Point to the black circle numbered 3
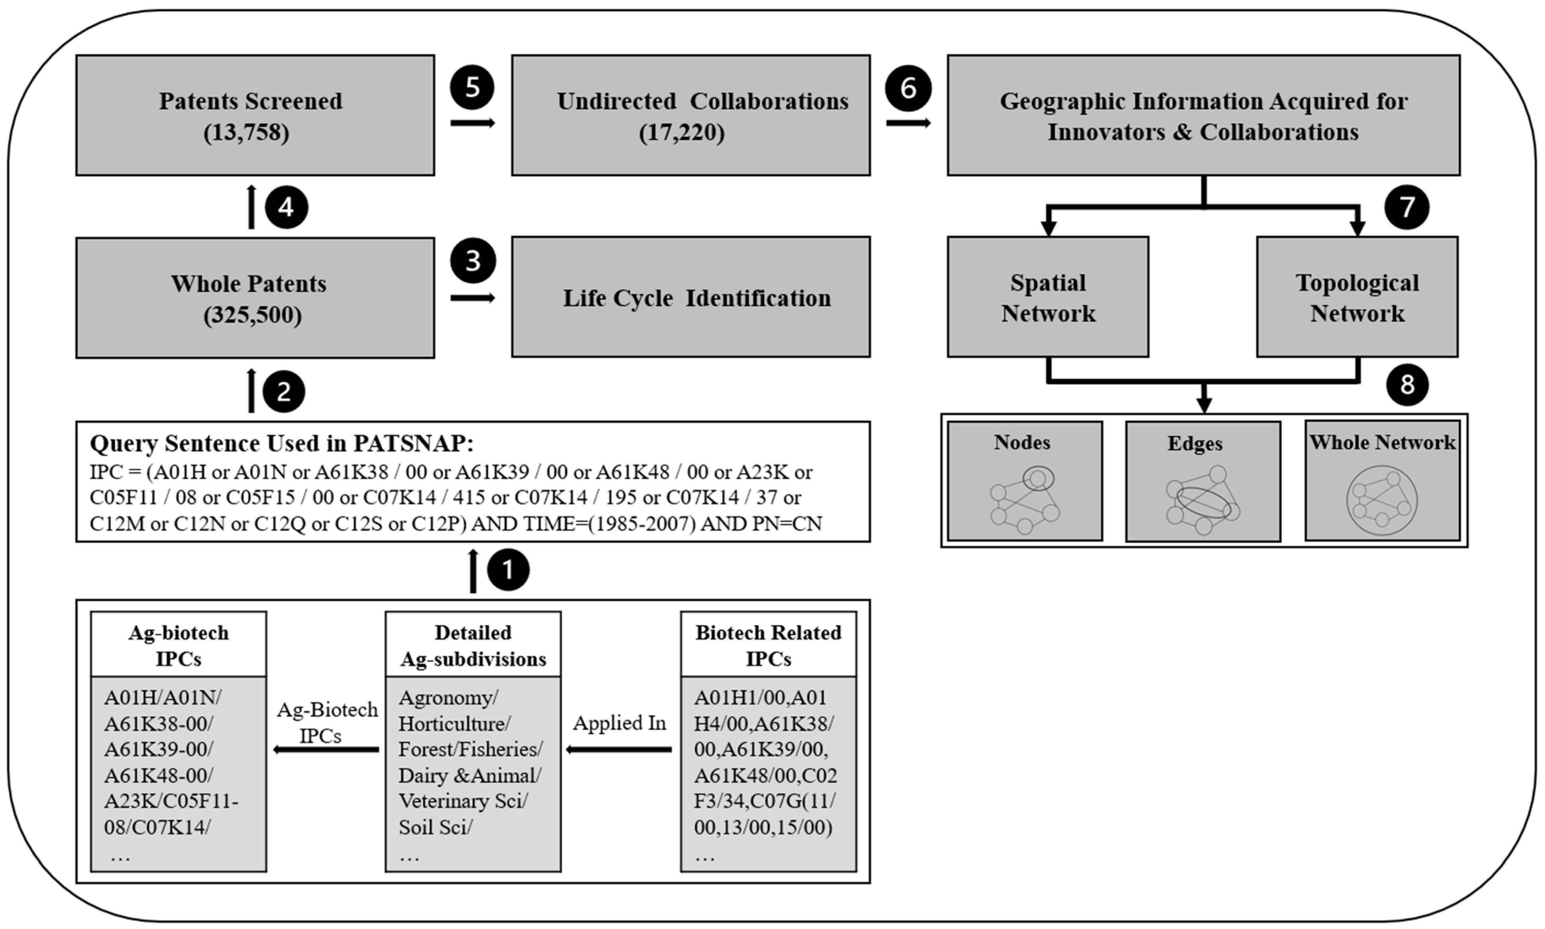[x=473, y=260]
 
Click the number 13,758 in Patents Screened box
[x=247, y=133]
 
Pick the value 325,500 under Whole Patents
[x=252, y=315]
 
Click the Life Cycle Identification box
[x=691, y=297]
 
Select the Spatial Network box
[x=1048, y=297]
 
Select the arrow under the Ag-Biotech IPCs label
[x=326, y=749]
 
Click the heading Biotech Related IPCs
[x=768, y=645]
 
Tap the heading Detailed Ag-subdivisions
[x=473, y=645]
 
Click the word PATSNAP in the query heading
[x=413, y=443]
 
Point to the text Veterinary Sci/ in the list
[x=463, y=801]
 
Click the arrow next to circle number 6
[x=908, y=123]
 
